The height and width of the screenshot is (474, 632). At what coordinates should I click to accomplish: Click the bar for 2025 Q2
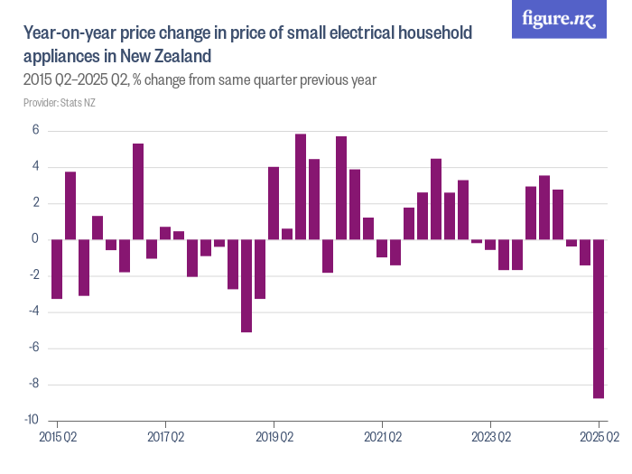(x=599, y=318)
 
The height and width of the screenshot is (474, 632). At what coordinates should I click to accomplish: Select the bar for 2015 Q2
(x=57, y=268)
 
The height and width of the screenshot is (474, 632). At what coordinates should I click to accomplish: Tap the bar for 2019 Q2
(x=274, y=203)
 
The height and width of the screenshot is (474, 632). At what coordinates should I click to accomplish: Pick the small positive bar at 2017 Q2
(x=165, y=233)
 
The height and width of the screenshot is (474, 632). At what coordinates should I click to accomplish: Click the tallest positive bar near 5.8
(x=301, y=187)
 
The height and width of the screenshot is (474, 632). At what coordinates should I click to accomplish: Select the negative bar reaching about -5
(x=246, y=285)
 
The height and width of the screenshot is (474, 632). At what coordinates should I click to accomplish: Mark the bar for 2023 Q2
(x=490, y=244)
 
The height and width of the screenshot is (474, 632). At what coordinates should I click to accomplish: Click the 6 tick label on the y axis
(x=35, y=131)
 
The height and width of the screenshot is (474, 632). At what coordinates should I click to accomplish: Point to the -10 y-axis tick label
(x=32, y=421)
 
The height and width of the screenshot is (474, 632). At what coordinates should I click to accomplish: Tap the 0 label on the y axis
(x=35, y=239)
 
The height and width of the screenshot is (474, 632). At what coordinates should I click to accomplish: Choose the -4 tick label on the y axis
(x=33, y=312)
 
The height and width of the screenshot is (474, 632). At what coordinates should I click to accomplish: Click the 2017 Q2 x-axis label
(x=165, y=437)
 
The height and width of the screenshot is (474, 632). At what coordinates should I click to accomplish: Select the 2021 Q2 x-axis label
(x=382, y=437)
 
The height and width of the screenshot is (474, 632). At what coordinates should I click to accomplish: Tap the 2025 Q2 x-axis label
(x=599, y=437)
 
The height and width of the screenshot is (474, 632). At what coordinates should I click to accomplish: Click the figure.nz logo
(x=559, y=20)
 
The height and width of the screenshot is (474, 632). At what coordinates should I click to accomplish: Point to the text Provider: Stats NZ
(x=60, y=103)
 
